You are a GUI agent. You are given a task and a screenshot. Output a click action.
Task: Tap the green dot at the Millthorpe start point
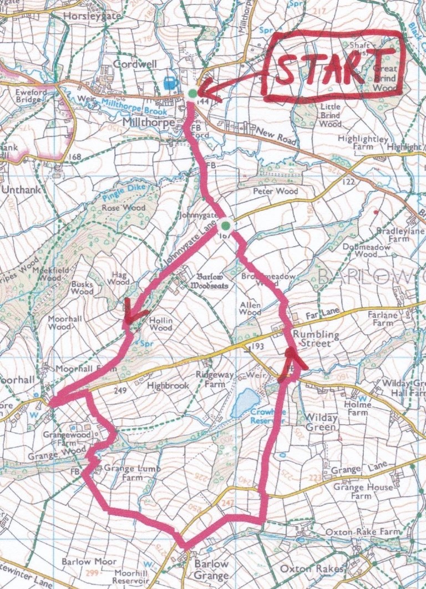point(192,94)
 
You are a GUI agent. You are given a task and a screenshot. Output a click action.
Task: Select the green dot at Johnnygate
point(225,225)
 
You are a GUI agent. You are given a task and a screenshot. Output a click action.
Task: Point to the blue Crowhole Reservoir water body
point(245,402)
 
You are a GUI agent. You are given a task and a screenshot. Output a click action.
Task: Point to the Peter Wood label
point(275,191)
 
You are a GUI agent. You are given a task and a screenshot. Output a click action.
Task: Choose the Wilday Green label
point(321,422)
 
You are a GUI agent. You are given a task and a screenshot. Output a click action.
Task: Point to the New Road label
point(273,133)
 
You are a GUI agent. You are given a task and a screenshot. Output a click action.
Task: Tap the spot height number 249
point(120,391)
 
